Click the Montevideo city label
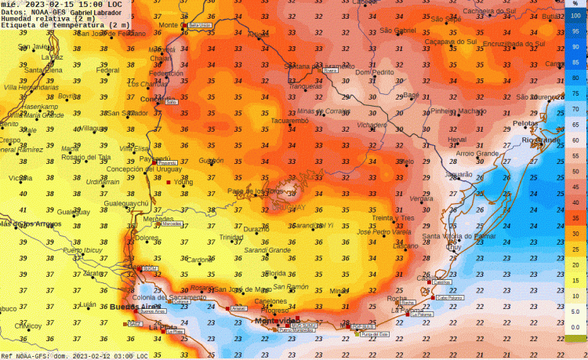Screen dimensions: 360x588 (x=274, y=322)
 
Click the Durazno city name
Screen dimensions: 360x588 (x=256, y=228)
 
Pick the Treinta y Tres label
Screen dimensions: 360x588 (x=392, y=217)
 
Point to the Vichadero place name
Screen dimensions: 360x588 (x=371, y=125)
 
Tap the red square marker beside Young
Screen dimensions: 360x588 (x=168, y=182)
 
